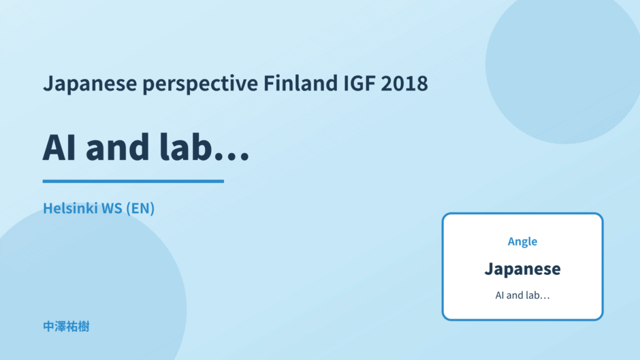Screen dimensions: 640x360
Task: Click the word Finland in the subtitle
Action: click(x=301, y=83)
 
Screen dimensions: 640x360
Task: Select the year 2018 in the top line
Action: click(x=404, y=83)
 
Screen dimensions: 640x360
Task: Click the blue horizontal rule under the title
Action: click(x=133, y=181)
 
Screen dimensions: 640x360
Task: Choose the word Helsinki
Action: click(x=70, y=208)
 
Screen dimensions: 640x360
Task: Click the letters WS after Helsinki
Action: click(x=112, y=208)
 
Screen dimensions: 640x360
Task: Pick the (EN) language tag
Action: click(x=140, y=208)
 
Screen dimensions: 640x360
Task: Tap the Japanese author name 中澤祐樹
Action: click(x=66, y=327)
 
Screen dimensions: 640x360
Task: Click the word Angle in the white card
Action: click(x=522, y=242)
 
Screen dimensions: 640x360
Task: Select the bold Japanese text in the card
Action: click(x=522, y=269)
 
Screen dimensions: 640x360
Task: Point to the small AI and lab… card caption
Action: click(x=522, y=295)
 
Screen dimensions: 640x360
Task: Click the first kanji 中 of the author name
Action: click(x=48, y=327)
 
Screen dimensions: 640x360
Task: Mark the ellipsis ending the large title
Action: click(x=232, y=157)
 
